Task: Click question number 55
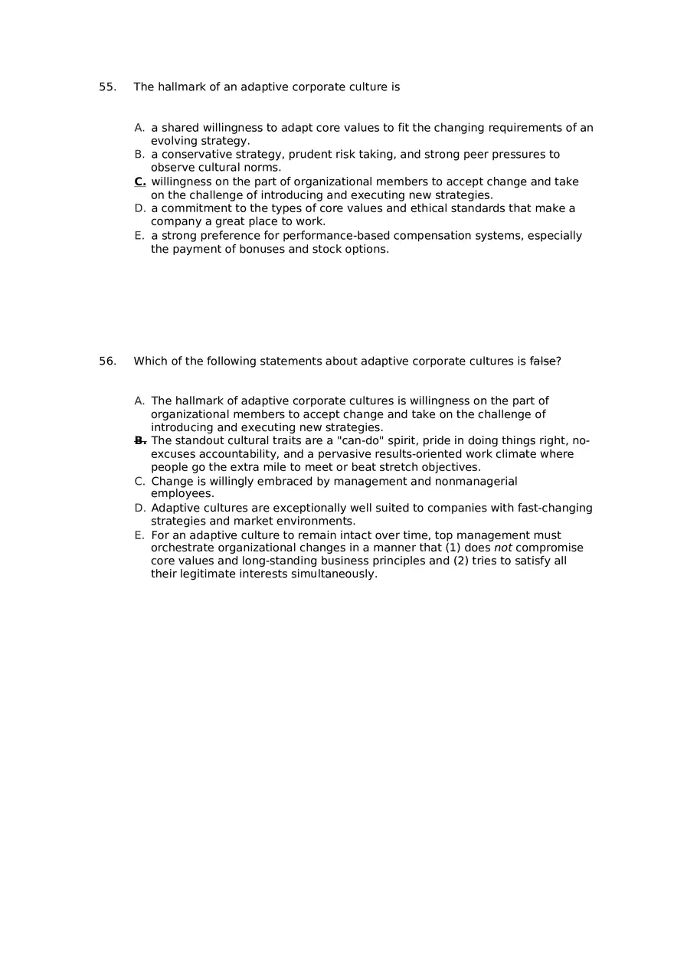coord(107,87)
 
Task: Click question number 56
coord(107,361)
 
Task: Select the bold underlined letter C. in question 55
coord(140,182)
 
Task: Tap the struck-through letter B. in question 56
coord(140,440)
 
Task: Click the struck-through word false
coord(542,361)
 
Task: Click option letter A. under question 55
coord(139,128)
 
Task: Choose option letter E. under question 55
coord(139,236)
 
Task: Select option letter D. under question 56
coord(139,509)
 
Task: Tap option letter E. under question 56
coord(139,535)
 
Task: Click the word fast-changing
coord(551,509)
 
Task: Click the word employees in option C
coord(182,494)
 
